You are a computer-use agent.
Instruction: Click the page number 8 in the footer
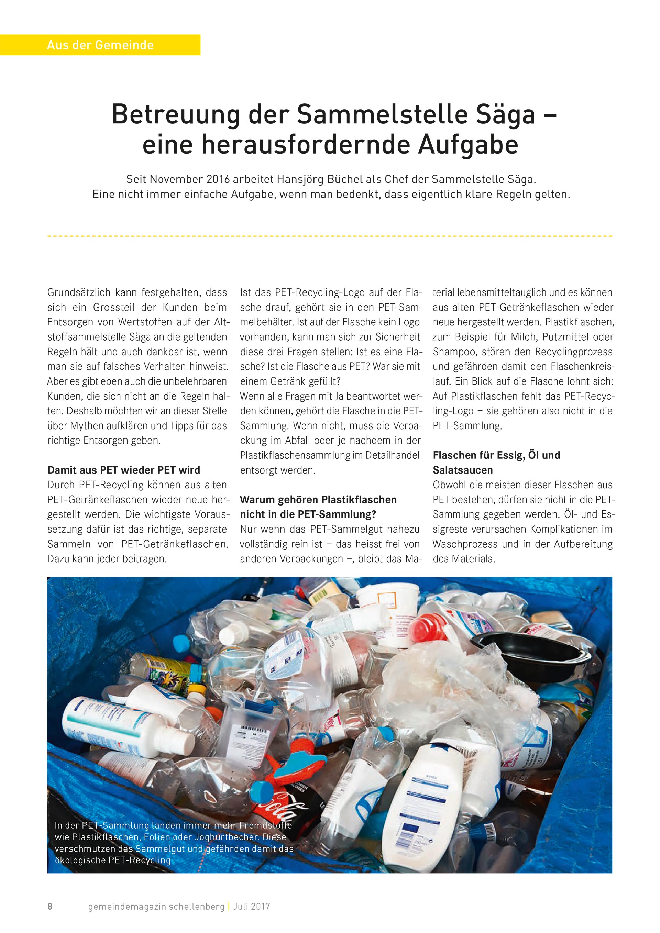click(x=50, y=907)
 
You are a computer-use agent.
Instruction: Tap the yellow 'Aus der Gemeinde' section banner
click(x=100, y=45)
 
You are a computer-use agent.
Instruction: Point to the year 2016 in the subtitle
click(x=219, y=179)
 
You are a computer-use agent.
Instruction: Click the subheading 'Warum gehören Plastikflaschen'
click(x=318, y=499)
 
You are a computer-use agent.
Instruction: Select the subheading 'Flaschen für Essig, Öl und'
click(x=496, y=455)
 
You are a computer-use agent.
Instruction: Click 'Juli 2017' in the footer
click(x=251, y=907)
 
